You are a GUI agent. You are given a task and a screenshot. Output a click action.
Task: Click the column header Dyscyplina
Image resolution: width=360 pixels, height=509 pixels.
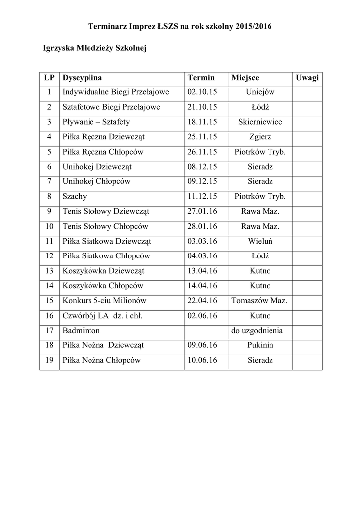point(82,78)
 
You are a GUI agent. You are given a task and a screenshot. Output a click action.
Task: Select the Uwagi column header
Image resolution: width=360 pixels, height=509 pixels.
point(307,78)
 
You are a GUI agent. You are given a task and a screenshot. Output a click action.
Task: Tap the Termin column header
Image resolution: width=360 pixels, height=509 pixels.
point(201,78)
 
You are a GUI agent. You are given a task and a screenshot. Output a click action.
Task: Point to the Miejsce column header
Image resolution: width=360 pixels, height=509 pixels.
point(245,78)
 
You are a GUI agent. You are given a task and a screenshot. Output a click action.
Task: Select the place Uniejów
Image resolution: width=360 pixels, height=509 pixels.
point(260,92)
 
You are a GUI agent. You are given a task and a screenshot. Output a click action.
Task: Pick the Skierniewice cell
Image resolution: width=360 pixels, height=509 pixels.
point(260,122)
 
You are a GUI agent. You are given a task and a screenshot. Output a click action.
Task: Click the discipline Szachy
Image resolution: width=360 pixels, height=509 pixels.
point(75,196)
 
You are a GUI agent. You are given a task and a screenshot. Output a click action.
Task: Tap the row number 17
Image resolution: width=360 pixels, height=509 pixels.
point(49,330)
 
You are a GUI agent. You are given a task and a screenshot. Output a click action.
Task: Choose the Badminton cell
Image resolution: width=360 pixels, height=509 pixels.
point(81,330)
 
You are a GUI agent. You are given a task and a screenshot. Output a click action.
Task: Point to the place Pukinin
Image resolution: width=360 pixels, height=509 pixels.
point(260,345)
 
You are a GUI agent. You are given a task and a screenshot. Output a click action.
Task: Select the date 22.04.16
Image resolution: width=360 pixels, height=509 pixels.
point(203,300)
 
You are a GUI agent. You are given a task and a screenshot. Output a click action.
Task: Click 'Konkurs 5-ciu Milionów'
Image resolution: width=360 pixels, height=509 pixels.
point(104,300)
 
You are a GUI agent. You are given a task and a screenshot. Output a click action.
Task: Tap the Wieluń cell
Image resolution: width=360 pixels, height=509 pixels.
point(260,241)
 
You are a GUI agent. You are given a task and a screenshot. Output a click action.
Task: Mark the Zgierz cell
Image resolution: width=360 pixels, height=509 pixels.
point(260,137)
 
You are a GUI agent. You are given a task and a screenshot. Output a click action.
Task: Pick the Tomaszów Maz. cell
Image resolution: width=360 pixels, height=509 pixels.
point(260,300)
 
